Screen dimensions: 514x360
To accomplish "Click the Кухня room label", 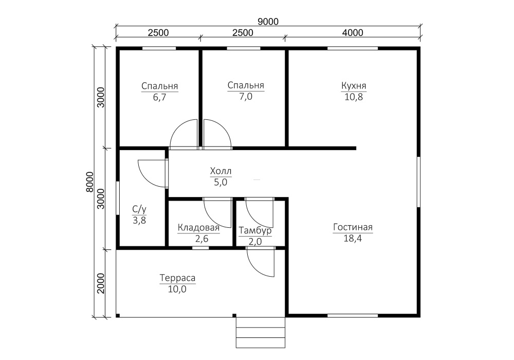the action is coord(354,85).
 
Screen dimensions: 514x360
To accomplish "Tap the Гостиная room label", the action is coord(353,227).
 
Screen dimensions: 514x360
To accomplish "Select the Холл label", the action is coord(221,171).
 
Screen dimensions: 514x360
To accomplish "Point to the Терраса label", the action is coord(177,278).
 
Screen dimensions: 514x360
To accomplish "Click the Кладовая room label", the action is coord(198,227).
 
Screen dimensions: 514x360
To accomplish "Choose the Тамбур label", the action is coord(255,231).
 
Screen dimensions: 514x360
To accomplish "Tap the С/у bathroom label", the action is coord(139,209).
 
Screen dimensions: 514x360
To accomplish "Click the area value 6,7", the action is coord(159,97).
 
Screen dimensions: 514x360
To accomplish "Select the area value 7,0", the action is coord(246,97).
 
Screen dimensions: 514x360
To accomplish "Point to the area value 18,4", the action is coord(353,238).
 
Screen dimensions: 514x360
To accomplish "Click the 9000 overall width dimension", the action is coord(268,22).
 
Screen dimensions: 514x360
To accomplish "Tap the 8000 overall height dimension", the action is coord(90,182).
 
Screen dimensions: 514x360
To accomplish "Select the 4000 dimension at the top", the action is coord(353,33).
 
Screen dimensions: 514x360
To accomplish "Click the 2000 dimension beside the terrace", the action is coord(101,283).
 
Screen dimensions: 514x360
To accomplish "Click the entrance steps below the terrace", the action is coord(261,332).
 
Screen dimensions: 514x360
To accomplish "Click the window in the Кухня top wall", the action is coord(353,48).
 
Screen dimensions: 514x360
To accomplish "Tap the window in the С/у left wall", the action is coord(118,198).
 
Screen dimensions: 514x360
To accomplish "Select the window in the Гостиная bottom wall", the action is coord(353,316).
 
